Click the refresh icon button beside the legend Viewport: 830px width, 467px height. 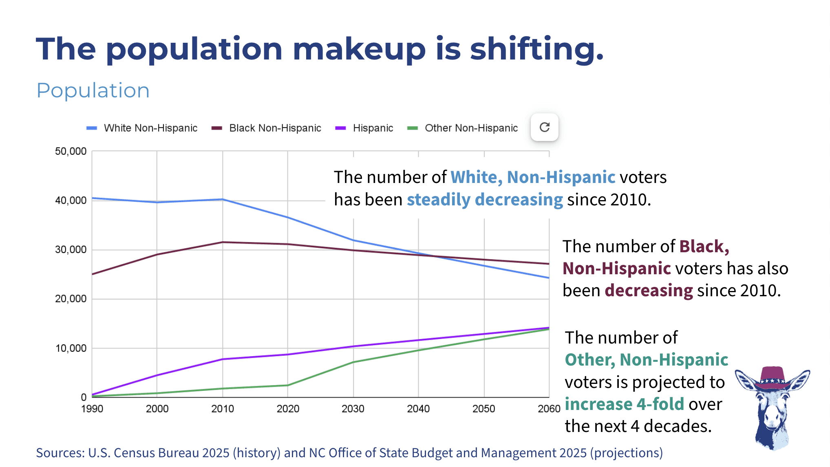[x=544, y=127]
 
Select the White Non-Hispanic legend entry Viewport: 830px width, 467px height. [x=150, y=128]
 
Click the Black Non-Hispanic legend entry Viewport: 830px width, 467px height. [x=275, y=128]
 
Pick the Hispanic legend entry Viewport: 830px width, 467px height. [x=373, y=128]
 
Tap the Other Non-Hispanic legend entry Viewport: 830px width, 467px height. [x=471, y=128]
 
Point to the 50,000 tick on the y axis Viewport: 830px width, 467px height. [x=71, y=151]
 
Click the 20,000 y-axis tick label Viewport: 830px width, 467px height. [x=71, y=299]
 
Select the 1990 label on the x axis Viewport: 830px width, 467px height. [x=92, y=409]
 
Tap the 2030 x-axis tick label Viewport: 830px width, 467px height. [x=353, y=409]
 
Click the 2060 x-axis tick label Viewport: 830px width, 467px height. [x=549, y=409]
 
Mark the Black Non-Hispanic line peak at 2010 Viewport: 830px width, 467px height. [x=223, y=242]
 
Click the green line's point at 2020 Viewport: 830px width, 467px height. [x=288, y=385]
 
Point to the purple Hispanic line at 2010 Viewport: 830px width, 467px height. [x=223, y=359]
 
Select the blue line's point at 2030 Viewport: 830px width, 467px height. [x=353, y=240]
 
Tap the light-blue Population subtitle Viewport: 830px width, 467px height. [x=93, y=90]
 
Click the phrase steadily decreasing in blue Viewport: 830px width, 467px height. [x=485, y=200]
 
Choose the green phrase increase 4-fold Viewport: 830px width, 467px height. [x=624, y=404]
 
